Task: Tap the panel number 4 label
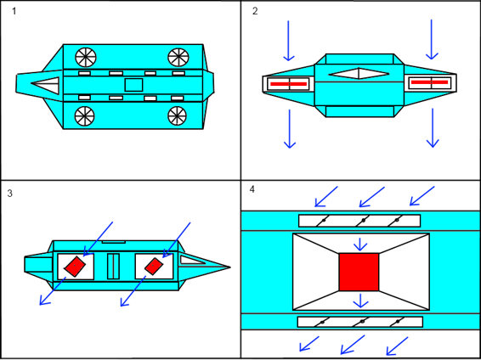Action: point(252,188)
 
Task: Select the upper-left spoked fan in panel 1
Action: point(86,58)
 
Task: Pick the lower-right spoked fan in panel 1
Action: point(178,115)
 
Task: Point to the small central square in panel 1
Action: point(133,85)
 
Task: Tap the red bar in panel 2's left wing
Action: point(287,83)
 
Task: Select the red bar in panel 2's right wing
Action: point(428,83)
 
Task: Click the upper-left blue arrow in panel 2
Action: point(288,39)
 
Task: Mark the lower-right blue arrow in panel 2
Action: point(433,127)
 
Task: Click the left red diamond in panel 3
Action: point(76,267)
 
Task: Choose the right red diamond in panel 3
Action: point(154,266)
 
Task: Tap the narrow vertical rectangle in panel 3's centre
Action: point(114,266)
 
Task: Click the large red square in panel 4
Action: point(359,272)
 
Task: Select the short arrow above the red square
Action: point(360,244)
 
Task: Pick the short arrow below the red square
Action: point(360,300)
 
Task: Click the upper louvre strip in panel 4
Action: point(359,221)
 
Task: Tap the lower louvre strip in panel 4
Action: point(359,322)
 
